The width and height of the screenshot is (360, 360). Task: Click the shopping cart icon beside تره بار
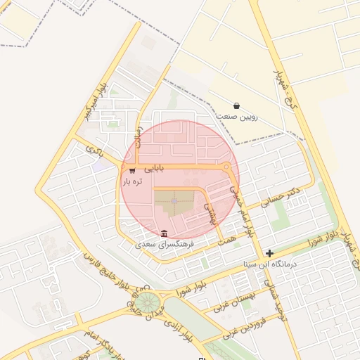(133, 170)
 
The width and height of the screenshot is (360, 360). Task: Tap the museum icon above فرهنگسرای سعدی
(164, 233)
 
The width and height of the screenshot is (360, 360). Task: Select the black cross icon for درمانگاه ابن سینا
(269, 253)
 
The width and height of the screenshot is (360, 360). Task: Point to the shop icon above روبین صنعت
(236, 105)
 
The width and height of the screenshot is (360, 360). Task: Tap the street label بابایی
(154, 169)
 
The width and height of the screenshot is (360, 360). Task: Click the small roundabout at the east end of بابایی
(226, 167)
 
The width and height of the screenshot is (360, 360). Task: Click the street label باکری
(94, 148)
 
